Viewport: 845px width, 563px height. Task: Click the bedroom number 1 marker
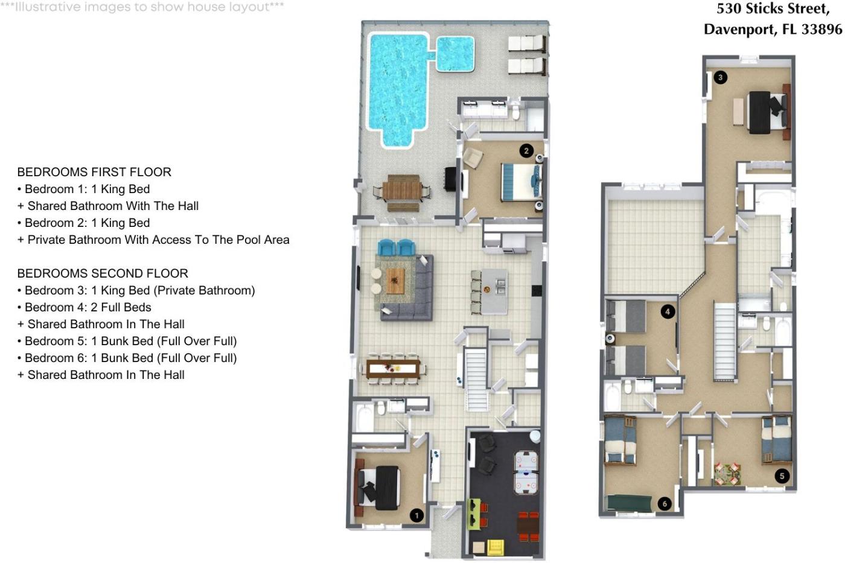pos(416,515)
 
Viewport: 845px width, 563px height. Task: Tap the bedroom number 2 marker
pos(526,151)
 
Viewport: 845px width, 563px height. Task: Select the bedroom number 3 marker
pos(720,78)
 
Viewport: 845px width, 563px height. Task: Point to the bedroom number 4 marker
pos(668,312)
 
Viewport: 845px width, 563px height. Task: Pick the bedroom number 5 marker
pos(782,476)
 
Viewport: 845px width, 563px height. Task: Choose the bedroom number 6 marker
pos(665,504)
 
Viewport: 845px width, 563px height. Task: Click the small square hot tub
pos(455,54)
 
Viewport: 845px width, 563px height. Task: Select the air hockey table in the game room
pos(526,473)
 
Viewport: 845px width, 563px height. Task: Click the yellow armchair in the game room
pos(496,547)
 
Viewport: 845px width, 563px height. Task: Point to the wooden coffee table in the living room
pos(395,281)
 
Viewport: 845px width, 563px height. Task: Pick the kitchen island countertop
pos(494,291)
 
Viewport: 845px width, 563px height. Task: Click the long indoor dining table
pos(393,369)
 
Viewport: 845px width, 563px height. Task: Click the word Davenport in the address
pos(740,29)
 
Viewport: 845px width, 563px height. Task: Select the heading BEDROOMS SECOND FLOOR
pos(103,273)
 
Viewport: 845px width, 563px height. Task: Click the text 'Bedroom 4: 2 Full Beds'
pos(88,307)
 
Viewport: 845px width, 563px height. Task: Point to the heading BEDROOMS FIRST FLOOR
pos(94,172)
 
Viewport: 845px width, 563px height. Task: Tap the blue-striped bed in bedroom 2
pos(521,182)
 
